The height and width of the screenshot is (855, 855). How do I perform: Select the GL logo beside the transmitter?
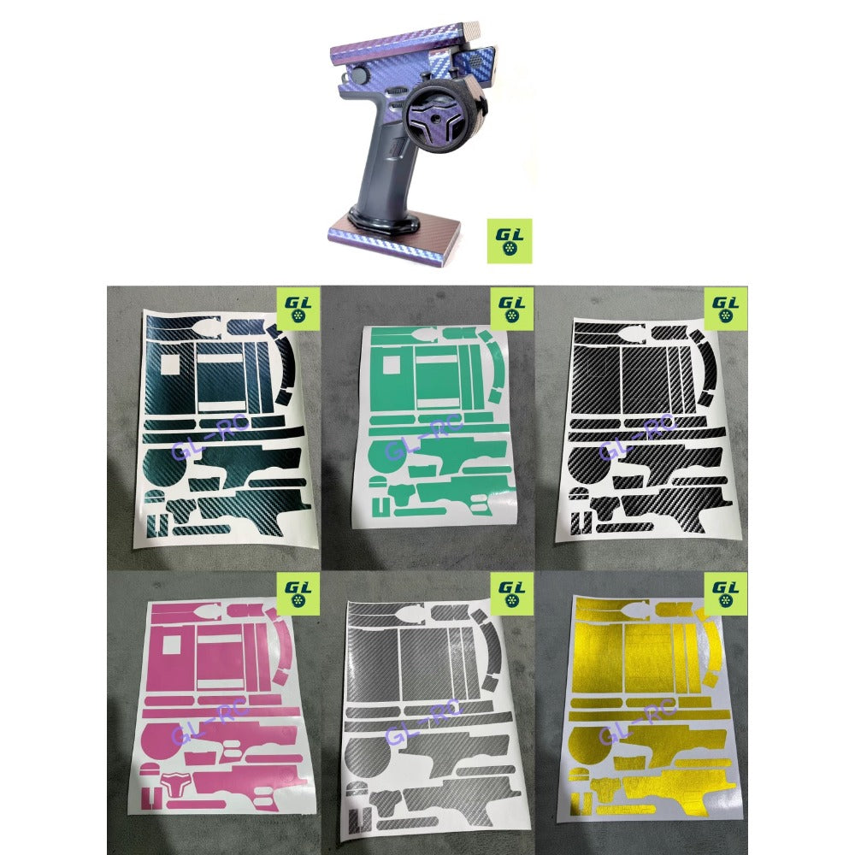(510, 241)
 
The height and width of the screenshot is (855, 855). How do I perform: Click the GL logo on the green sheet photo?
(511, 309)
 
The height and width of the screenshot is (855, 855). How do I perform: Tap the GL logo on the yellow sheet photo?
(725, 594)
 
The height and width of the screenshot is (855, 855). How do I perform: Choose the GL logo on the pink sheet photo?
(298, 594)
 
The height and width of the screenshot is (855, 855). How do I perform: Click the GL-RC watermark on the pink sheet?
(210, 723)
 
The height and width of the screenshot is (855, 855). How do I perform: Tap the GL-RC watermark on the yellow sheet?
(638, 723)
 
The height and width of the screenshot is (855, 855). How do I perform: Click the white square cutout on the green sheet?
(391, 365)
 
